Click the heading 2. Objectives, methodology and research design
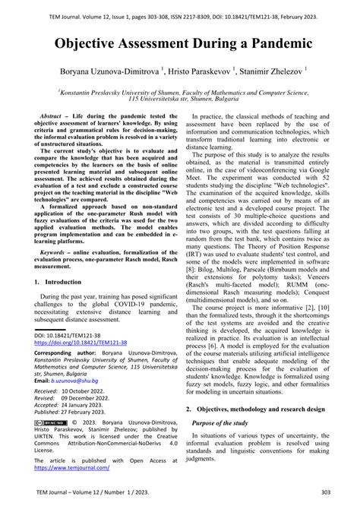pyautogui.click(x=262, y=409)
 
